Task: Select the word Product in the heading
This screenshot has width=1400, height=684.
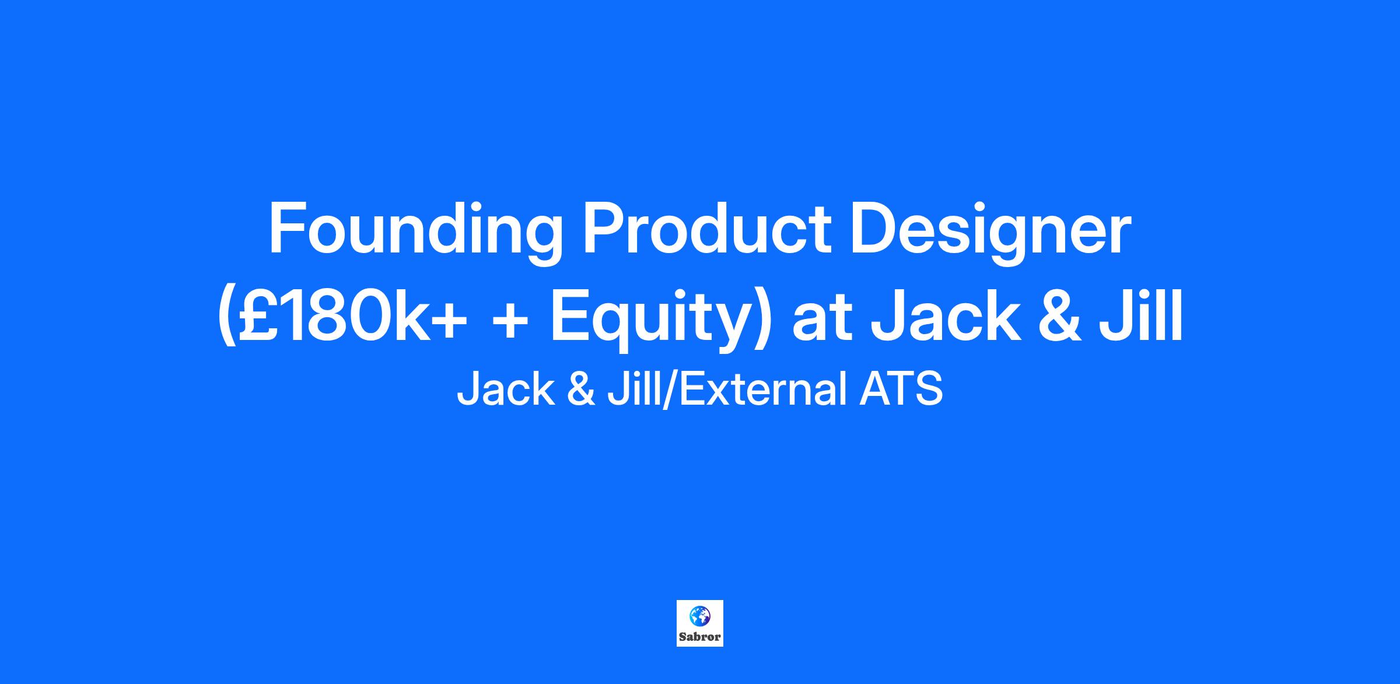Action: point(707,229)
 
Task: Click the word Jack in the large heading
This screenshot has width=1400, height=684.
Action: point(945,315)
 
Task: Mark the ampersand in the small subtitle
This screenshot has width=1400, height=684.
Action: point(580,389)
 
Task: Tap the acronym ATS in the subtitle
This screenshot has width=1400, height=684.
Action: point(901,389)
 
